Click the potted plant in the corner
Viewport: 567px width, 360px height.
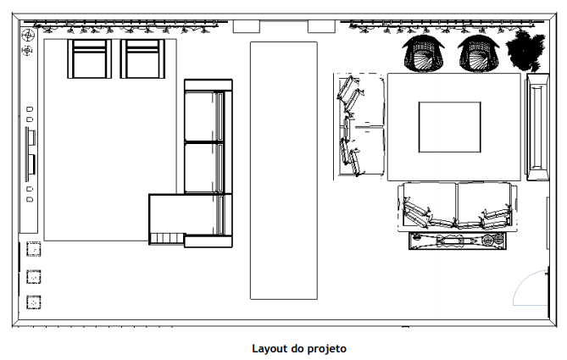tap(525, 51)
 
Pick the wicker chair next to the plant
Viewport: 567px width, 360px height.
tap(478, 53)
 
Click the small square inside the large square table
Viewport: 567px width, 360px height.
tap(450, 127)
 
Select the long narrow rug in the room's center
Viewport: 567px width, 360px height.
tap(284, 170)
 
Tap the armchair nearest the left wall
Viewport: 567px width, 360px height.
tap(89, 59)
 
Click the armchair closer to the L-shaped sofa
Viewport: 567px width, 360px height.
tap(142, 59)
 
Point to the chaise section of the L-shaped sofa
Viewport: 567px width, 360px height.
tap(168, 219)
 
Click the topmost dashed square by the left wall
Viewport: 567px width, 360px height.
tap(34, 249)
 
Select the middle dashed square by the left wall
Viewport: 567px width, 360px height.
tap(34, 277)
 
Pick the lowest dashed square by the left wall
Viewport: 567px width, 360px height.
tap(34, 302)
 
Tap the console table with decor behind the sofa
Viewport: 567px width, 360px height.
tap(458, 241)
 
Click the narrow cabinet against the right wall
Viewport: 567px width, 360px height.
tap(537, 127)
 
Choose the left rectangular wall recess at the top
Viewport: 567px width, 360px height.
tap(247, 27)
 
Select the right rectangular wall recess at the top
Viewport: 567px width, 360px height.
tap(321, 27)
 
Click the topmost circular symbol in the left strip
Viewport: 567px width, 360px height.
tap(28, 36)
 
